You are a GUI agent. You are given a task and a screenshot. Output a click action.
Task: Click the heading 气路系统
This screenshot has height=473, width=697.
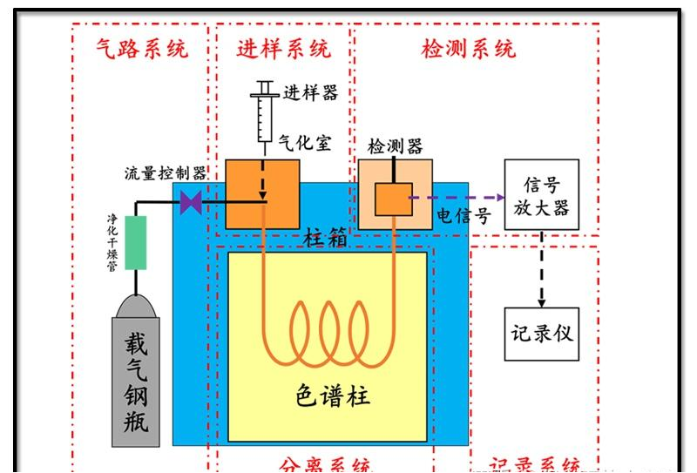[x=142, y=49]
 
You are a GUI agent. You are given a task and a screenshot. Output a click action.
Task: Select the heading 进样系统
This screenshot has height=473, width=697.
[x=284, y=49]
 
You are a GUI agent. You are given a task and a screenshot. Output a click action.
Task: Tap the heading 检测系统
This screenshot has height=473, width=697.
[x=469, y=49]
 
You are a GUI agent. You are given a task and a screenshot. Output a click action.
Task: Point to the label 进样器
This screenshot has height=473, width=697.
[x=311, y=92]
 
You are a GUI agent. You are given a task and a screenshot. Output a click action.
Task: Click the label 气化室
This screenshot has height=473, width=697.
[x=306, y=143]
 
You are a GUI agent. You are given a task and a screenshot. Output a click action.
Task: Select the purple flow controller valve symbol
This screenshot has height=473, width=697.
[x=191, y=203]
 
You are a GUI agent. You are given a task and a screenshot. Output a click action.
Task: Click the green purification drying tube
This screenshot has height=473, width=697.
[x=136, y=243]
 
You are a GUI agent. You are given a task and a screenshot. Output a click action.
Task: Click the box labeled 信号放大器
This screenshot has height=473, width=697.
[x=542, y=195]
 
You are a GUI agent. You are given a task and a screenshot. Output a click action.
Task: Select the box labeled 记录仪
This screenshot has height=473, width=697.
[x=541, y=333]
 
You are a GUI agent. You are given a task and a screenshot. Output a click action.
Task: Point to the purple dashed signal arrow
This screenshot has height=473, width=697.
[x=457, y=198]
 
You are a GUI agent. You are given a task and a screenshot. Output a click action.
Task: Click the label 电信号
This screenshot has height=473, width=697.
[x=464, y=216]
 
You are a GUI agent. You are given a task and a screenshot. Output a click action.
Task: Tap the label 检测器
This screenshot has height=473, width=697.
[x=396, y=146]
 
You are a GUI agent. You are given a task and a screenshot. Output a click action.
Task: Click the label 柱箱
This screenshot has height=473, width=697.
[x=326, y=237]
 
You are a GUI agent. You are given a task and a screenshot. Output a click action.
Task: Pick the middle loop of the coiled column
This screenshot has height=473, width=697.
[x=329, y=331]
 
